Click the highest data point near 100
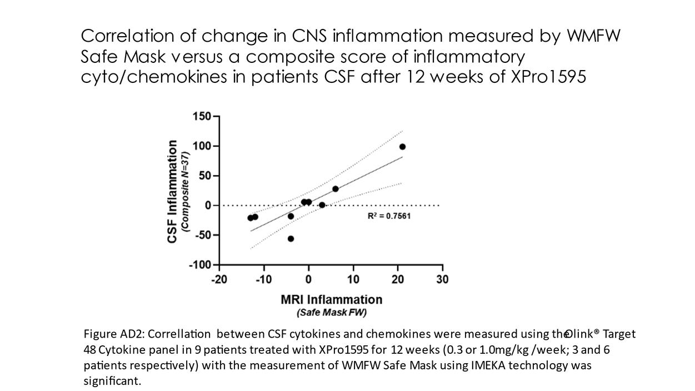(x=402, y=147)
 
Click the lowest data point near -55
(x=291, y=239)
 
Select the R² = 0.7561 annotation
(x=389, y=216)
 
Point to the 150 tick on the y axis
(x=202, y=116)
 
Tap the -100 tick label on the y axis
(x=200, y=265)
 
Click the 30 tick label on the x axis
(x=442, y=279)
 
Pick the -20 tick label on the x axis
(x=218, y=279)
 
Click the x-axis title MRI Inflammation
(x=331, y=300)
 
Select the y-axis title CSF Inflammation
(x=173, y=191)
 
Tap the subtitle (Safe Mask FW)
(x=331, y=313)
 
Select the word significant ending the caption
(x=112, y=381)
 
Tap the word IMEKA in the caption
(x=481, y=365)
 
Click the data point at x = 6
(x=336, y=189)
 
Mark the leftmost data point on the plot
(x=251, y=218)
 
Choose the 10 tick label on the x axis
(x=353, y=279)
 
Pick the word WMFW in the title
(x=593, y=36)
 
